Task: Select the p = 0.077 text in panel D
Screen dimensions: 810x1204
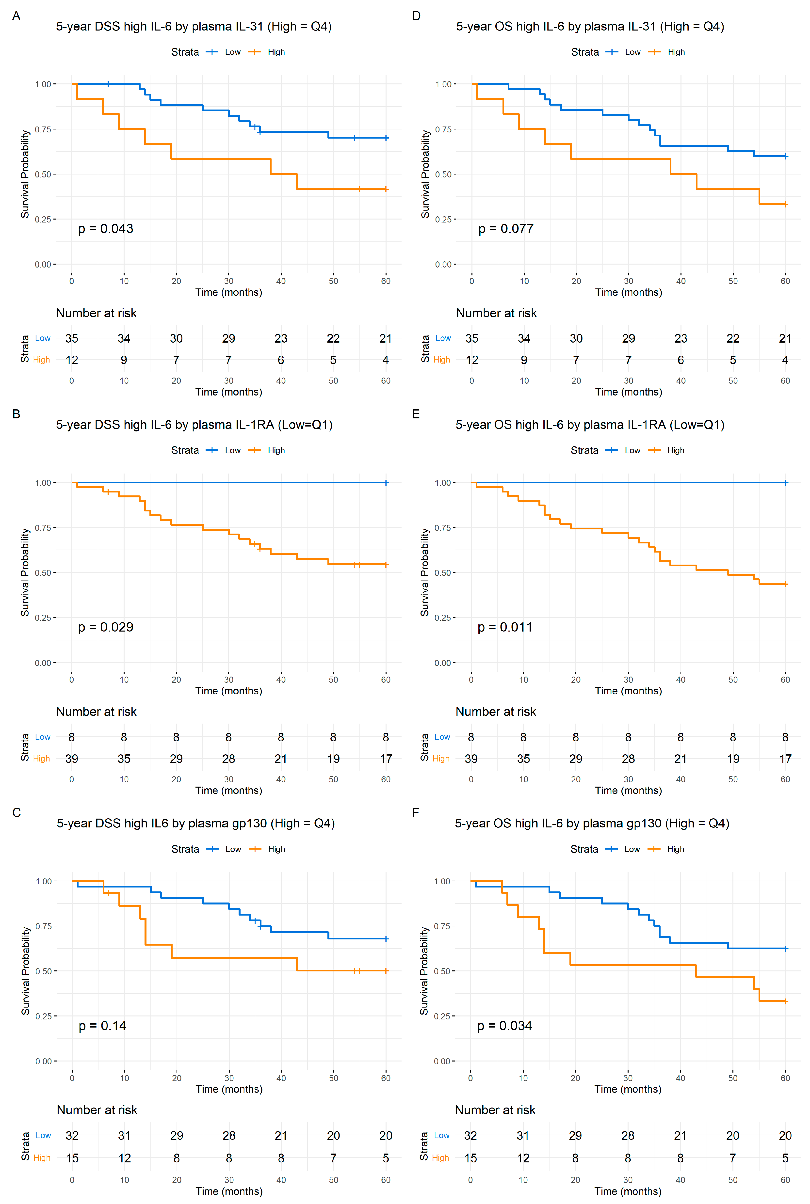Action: [506, 229]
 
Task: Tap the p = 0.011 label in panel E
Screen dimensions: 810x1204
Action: [505, 627]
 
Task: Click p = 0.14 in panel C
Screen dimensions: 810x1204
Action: [102, 1026]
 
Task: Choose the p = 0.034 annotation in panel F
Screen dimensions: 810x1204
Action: [504, 1026]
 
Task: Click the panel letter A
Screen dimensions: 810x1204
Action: [16, 16]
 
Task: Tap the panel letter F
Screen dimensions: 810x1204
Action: [416, 813]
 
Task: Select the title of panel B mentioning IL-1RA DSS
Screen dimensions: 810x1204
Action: [194, 425]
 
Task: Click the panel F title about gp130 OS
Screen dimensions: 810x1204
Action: [592, 824]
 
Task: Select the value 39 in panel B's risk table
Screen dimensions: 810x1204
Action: [72, 759]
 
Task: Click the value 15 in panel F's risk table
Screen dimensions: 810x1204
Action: [470, 1158]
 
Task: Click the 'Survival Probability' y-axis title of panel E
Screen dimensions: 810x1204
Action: [425, 572]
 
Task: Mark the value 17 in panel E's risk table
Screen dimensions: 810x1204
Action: [785, 759]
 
